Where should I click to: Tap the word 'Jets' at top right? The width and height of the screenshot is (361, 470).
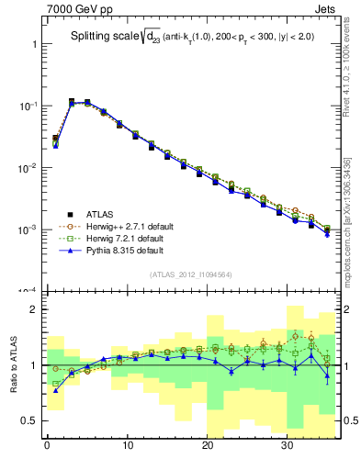coord(327,10)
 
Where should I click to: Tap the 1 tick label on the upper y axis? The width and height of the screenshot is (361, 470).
coord(32,44)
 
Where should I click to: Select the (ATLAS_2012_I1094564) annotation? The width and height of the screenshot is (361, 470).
coord(190,274)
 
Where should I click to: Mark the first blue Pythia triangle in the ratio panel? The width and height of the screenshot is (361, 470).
coord(55,390)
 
